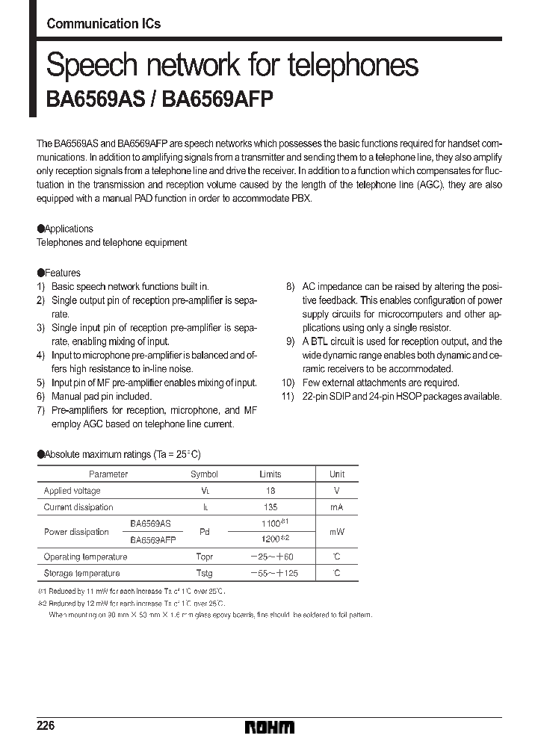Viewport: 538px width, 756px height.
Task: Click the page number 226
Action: tap(46, 726)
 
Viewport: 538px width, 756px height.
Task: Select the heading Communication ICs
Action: tap(103, 24)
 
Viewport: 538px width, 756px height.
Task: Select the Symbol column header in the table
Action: tap(204, 474)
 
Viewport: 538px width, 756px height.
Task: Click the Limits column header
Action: tap(270, 474)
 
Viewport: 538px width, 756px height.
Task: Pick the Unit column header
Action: tap(337, 474)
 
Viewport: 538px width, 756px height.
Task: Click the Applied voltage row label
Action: tap(72, 491)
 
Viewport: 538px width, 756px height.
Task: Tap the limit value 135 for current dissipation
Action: tap(270, 507)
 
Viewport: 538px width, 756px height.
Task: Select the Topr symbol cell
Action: tap(204, 557)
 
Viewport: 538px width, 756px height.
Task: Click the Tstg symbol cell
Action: tap(204, 573)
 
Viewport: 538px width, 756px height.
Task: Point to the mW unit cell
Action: tap(337, 532)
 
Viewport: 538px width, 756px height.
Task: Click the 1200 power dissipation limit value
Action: tap(270, 539)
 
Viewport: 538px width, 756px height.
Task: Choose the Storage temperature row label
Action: tap(81, 573)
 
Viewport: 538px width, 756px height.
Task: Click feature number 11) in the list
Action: tap(288, 396)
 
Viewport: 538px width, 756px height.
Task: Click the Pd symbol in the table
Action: tap(204, 532)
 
